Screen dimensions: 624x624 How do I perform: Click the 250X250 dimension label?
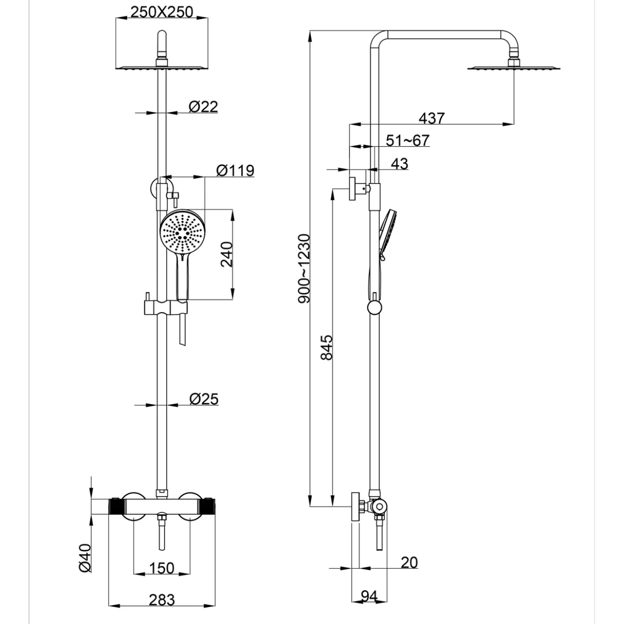[x=162, y=12]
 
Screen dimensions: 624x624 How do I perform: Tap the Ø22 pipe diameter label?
[x=203, y=106]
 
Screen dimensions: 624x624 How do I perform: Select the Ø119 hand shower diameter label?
[x=235, y=170]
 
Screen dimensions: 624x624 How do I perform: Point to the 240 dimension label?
[x=226, y=254]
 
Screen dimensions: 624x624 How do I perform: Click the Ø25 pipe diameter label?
[x=204, y=399]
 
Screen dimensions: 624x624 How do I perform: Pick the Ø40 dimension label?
[x=85, y=558]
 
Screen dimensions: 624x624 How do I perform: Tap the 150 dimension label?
[x=162, y=568]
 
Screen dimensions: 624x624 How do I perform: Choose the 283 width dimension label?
[x=162, y=600]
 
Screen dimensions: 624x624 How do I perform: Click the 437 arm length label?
[x=432, y=118]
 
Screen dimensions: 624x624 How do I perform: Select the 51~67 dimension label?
[x=407, y=140]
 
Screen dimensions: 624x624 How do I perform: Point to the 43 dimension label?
[x=399, y=164]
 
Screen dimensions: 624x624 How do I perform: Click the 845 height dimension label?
[x=326, y=347]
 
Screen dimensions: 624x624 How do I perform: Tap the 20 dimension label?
[x=409, y=563]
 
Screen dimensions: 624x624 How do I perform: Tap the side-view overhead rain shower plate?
[x=514, y=68]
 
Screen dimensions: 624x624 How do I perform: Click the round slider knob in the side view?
[x=375, y=307]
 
